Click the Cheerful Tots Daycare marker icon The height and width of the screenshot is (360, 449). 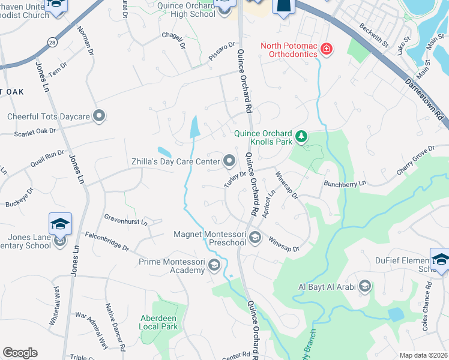100,116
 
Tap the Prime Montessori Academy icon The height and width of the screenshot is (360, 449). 215,266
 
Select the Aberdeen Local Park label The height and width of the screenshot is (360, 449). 158,322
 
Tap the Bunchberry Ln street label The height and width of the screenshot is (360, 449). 344,184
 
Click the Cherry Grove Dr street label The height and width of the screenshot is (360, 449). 415,160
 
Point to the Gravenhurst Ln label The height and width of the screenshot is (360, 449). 125,222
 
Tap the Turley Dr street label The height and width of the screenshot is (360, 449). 235,179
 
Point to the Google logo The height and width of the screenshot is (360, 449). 20,353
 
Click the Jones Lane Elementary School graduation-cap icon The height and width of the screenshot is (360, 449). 61,224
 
